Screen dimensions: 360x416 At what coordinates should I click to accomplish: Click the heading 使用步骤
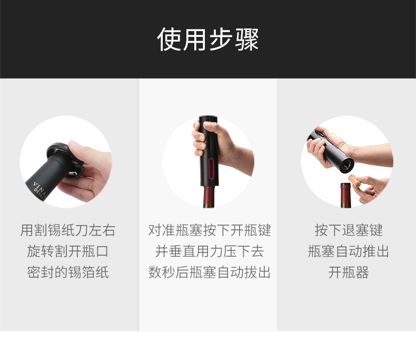(208, 40)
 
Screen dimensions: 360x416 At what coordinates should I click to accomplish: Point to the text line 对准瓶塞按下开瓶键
(209, 230)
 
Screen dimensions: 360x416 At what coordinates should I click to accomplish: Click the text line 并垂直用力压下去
(209, 251)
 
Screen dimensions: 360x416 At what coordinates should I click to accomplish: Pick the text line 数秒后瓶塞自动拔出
(209, 273)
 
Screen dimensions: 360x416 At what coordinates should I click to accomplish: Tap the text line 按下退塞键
(348, 230)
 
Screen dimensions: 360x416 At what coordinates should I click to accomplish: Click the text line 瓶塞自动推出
(348, 251)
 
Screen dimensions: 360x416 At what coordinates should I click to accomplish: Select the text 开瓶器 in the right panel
(348, 273)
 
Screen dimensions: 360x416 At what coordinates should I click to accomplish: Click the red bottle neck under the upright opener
(209, 197)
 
